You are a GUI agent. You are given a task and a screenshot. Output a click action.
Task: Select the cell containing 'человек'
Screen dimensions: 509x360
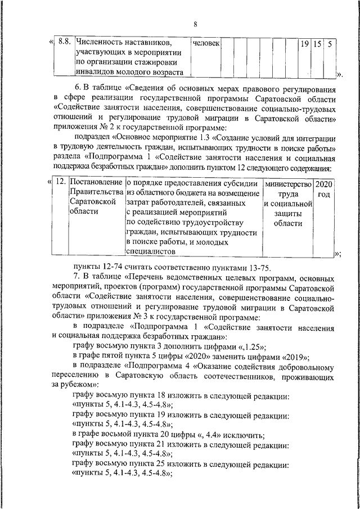point(206,43)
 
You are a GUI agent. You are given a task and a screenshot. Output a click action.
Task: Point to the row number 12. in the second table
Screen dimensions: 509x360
point(62,183)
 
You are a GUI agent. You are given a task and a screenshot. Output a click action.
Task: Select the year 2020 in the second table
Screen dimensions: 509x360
point(324,183)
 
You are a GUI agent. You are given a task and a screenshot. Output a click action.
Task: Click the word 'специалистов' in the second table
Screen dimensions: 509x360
point(150,253)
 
